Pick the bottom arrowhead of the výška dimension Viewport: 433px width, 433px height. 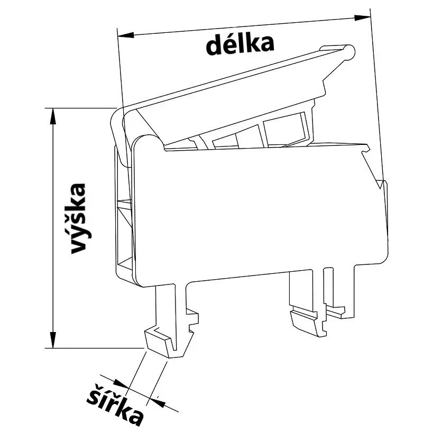[x=52, y=341]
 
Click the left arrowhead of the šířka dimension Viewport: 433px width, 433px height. [x=122, y=385]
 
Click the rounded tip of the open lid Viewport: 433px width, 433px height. [x=348, y=51]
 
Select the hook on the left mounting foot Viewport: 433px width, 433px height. [x=161, y=342]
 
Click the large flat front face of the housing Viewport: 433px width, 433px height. [x=259, y=211]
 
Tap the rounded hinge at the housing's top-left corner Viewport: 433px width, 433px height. [x=146, y=142]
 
